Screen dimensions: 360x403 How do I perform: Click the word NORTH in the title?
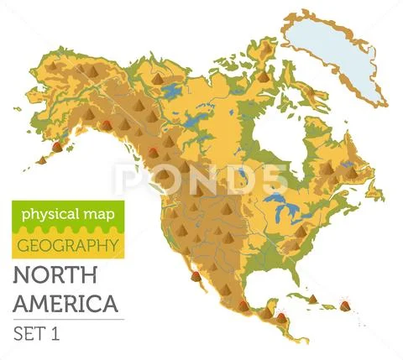51,277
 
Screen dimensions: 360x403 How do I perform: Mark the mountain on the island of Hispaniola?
311,299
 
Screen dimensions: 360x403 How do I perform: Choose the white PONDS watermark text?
201,179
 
